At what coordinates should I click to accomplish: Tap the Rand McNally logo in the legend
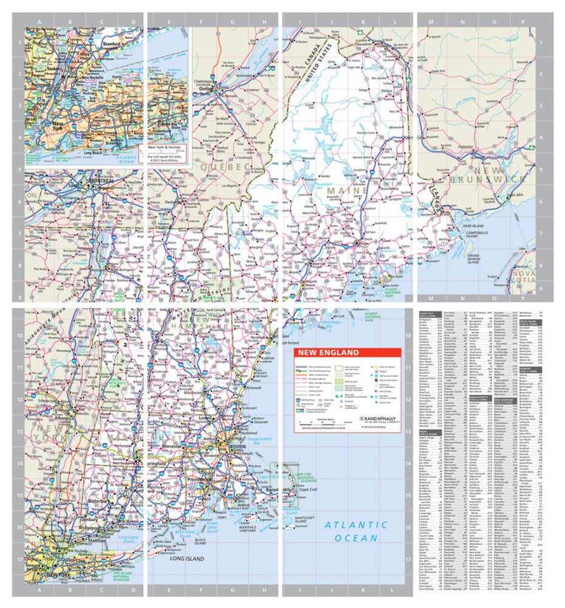tap(378, 419)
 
